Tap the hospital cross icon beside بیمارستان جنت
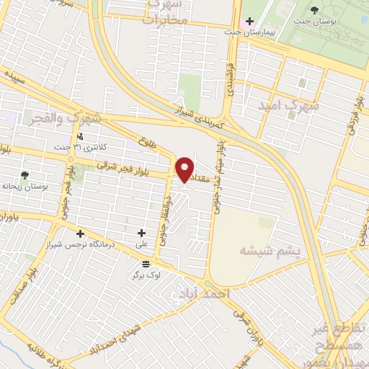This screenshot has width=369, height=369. [249, 22]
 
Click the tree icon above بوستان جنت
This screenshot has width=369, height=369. [316, 9]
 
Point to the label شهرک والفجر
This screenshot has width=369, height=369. [63, 117]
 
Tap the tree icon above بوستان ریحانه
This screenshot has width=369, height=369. [25, 175]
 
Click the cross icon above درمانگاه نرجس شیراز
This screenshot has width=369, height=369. [80, 234]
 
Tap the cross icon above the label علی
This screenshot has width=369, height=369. [141, 233]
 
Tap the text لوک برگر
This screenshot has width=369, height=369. [146, 275]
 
